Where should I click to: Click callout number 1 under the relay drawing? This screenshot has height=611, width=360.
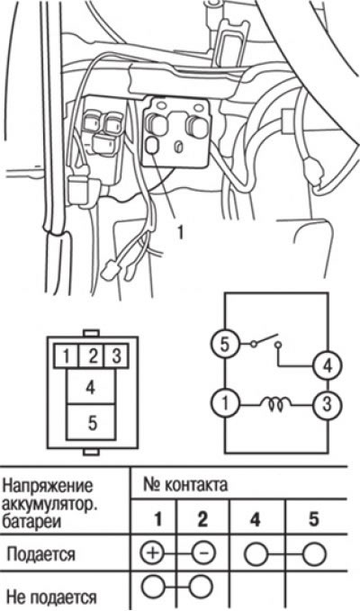pyautogui.click(x=179, y=233)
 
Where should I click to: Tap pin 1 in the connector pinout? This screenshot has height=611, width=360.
pyautogui.click(x=67, y=356)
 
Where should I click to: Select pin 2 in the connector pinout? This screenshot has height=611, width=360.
pyautogui.click(x=92, y=356)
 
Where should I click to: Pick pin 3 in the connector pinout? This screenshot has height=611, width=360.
pyautogui.click(x=116, y=356)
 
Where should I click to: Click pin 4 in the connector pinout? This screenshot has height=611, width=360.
pyautogui.click(x=91, y=387)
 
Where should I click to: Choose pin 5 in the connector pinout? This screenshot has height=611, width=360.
pyautogui.click(x=91, y=423)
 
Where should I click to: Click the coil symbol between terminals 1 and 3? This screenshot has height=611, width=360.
pyautogui.click(x=279, y=404)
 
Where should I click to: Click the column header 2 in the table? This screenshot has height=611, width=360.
pyautogui.click(x=202, y=520)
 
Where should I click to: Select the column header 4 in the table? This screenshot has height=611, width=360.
pyautogui.click(x=255, y=520)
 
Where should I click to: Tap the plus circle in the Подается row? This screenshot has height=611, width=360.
pyautogui.click(x=152, y=553)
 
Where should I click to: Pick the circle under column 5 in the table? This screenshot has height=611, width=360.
pyautogui.click(x=314, y=553)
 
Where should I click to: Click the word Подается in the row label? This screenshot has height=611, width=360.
pyautogui.click(x=40, y=554)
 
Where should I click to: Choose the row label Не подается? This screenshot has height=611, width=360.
pyautogui.click(x=51, y=597)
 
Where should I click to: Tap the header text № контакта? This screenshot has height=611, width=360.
pyautogui.click(x=185, y=485)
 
